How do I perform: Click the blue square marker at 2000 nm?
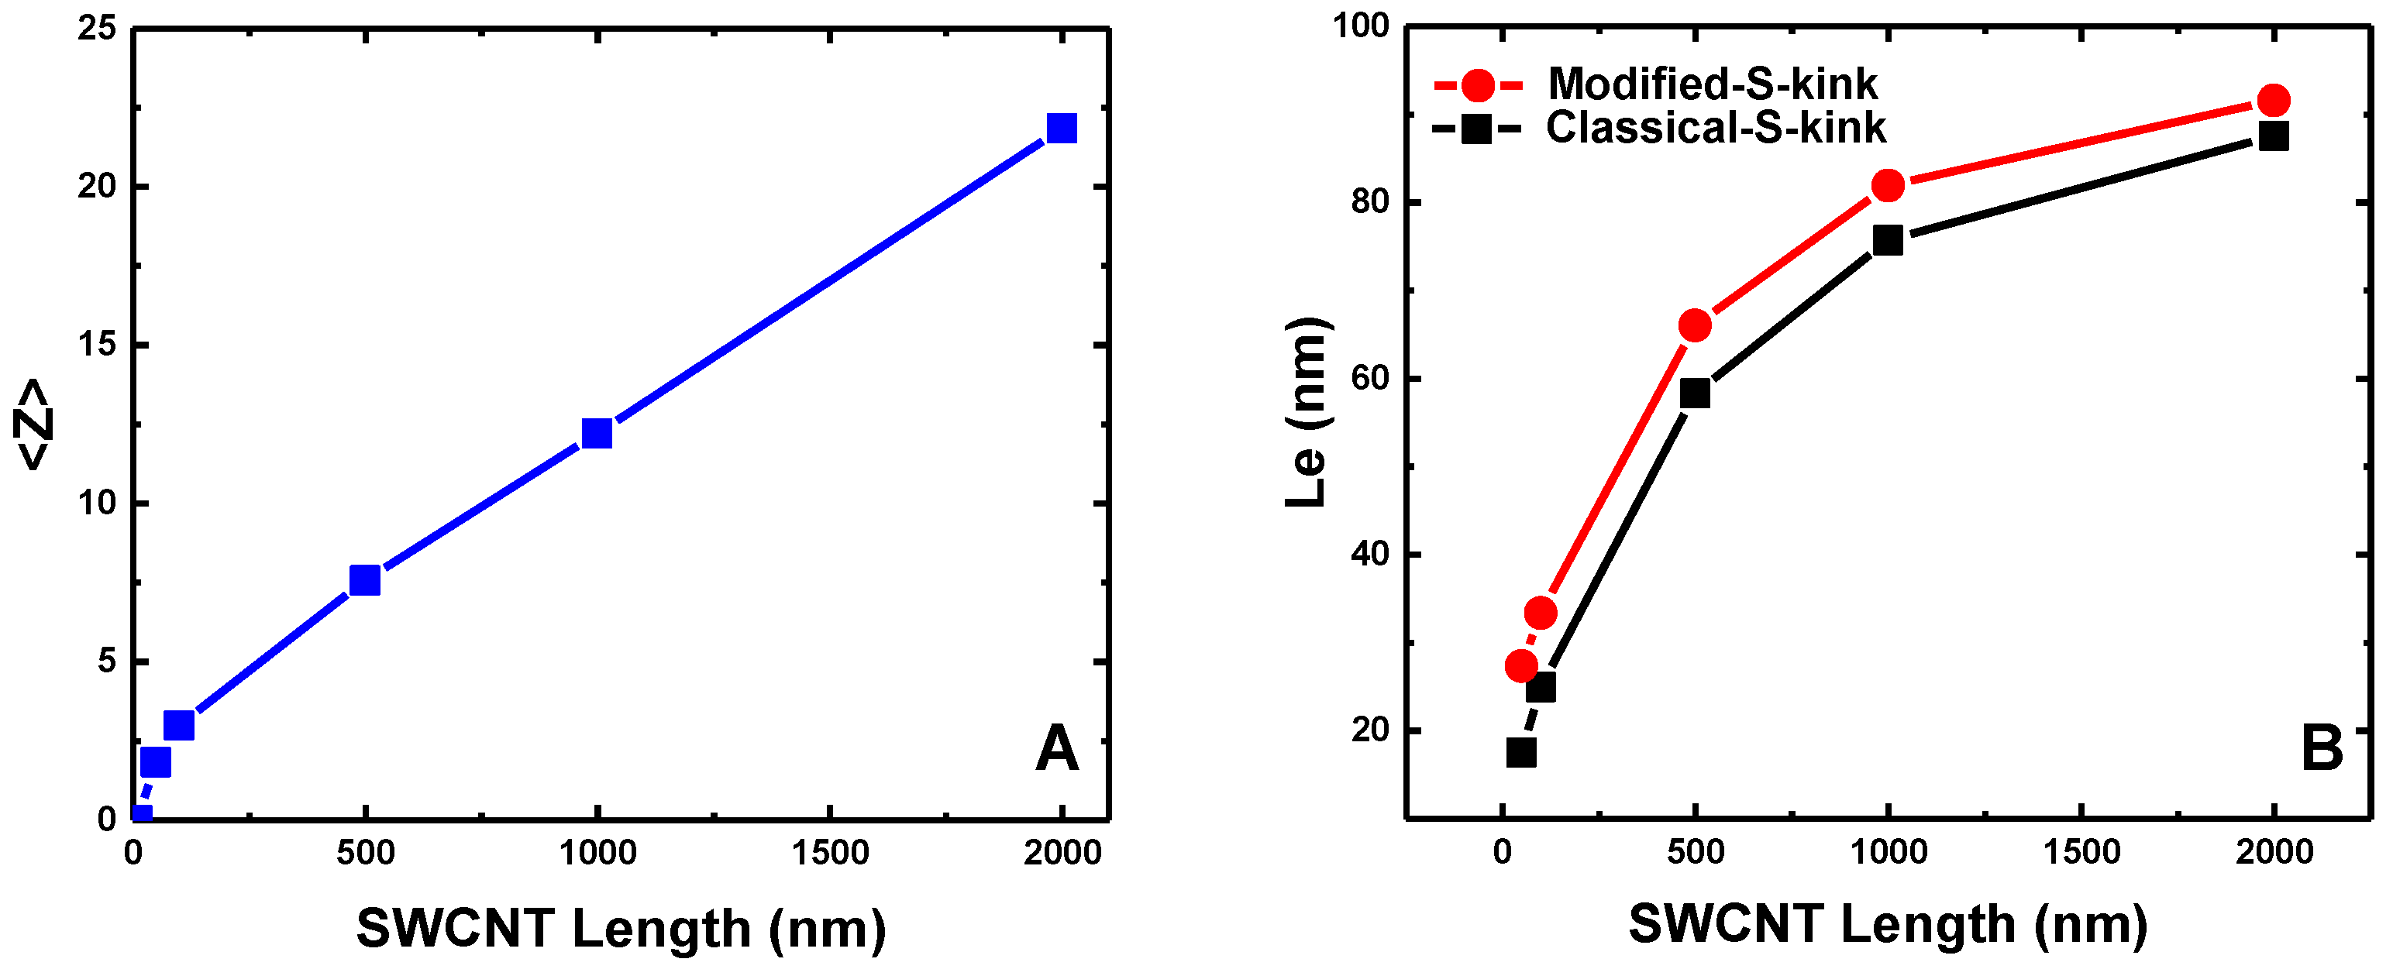(x=1061, y=128)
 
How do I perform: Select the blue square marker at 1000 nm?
(x=597, y=433)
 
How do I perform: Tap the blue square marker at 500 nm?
(x=364, y=580)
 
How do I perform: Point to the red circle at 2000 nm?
(x=2273, y=100)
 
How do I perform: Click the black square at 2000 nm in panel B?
(x=2273, y=136)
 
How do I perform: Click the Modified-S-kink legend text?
(x=1711, y=84)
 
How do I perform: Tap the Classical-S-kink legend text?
(x=1715, y=128)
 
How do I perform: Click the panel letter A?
(x=1057, y=748)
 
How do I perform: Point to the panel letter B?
(x=2322, y=748)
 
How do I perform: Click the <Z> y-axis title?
(x=33, y=424)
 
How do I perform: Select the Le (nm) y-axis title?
(x=1307, y=412)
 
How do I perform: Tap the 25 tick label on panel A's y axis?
(x=97, y=29)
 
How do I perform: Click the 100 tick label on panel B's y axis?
(x=1360, y=26)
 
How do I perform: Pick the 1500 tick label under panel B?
(x=2081, y=851)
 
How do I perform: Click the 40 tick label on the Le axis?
(x=1370, y=555)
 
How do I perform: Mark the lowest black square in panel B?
(x=1520, y=752)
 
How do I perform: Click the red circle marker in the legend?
(x=1477, y=85)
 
